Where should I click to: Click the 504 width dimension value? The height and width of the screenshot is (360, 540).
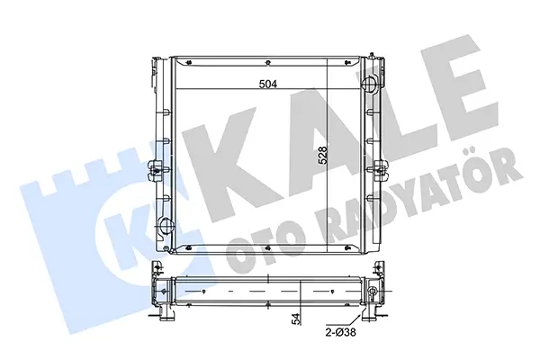click(x=268, y=84)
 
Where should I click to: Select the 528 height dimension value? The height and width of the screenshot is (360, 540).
click(x=323, y=156)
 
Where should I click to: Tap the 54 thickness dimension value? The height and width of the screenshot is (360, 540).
click(x=296, y=319)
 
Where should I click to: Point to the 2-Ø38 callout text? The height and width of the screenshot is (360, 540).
click(x=340, y=332)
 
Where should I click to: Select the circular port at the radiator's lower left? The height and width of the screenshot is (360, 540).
click(x=166, y=226)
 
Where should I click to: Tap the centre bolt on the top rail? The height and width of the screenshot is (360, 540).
click(x=268, y=62)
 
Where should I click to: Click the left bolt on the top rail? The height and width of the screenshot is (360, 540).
click(x=189, y=62)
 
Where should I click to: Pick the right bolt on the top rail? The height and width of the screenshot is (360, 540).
click(x=347, y=62)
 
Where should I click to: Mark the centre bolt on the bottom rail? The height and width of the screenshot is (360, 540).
click(x=268, y=247)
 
